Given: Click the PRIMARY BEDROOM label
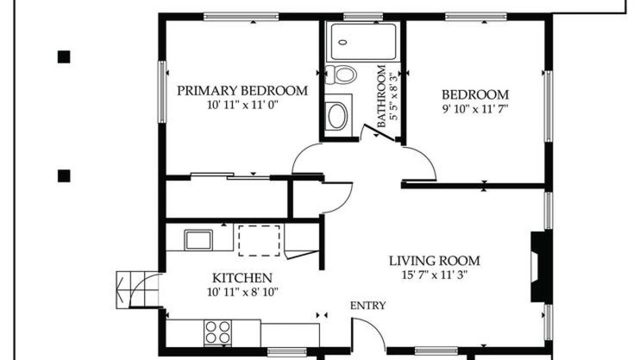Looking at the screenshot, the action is click(242, 91).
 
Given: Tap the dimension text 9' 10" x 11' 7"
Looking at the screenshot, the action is click(475, 109).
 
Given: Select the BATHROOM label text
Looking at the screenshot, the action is click(381, 96).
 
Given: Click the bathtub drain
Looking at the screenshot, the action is click(343, 42).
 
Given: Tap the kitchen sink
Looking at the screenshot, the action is click(198, 240).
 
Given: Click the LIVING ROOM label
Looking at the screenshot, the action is click(434, 261).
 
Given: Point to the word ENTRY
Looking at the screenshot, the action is click(368, 305).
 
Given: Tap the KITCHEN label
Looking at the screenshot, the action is click(242, 277).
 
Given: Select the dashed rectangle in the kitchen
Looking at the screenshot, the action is click(259, 240).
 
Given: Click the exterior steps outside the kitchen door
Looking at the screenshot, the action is click(137, 289).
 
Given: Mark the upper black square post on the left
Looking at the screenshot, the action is click(63, 57).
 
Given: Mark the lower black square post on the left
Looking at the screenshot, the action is click(63, 175).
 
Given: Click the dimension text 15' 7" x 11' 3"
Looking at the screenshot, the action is click(434, 275).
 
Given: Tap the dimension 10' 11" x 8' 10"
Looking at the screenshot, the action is click(242, 292).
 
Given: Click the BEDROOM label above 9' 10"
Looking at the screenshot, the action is click(475, 95).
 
